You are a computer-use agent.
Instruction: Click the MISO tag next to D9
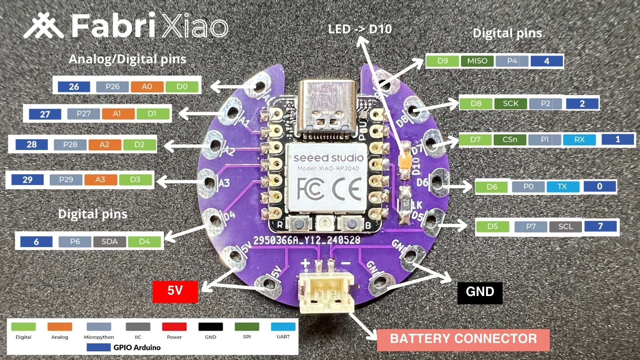(x=477, y=61)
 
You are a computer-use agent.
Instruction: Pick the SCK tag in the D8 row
(x=510, y=104)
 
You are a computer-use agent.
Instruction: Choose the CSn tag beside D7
(x=510, y=140)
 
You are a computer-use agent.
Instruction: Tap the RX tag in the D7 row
(x=579, y=140)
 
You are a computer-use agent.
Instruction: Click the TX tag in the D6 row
(x=562, y=187)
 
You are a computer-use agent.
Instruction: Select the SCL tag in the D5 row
(x=565, y=227)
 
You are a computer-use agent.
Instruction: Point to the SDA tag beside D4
(x=109, y=242)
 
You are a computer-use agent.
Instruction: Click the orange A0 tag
(x=147, y=87)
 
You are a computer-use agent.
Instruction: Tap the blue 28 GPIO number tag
(x=32, y=145)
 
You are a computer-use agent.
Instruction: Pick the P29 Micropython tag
(x=66, y=180)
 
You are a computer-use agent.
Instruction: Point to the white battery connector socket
(x=326, y=292)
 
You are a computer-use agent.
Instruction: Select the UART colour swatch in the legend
(x=283, y=327)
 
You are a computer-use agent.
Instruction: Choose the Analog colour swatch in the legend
(x=60, y=327)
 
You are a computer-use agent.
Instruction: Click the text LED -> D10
(x=360, y=29)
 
